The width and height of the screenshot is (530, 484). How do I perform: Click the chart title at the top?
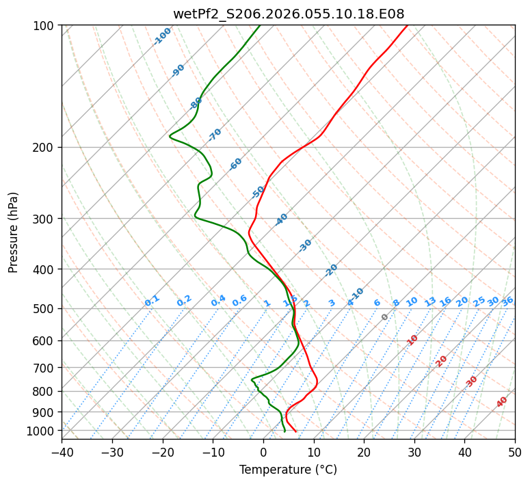coord(288,14)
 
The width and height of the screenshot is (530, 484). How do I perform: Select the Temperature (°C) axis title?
coord(288,470)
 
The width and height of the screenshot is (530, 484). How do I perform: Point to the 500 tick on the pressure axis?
coord(46,309)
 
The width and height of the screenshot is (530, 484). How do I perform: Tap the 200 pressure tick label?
coord(46,148)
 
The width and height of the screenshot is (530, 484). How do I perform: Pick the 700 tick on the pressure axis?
coord(46,368)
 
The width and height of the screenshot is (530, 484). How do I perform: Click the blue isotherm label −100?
coord(163,36)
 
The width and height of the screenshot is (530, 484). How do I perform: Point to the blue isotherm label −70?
coord(215,135)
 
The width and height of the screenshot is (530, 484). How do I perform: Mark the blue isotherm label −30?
coord(305,245)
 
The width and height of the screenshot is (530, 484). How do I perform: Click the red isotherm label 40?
coord(502,402)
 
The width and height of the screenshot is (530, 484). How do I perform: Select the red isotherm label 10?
coord(412,340)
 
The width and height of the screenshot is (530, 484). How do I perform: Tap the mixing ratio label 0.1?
coord(152,301)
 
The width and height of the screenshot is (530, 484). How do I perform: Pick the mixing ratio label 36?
coord(507,301)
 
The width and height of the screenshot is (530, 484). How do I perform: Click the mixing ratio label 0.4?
coord(218,301)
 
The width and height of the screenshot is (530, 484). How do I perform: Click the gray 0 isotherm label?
coord(385,317)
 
